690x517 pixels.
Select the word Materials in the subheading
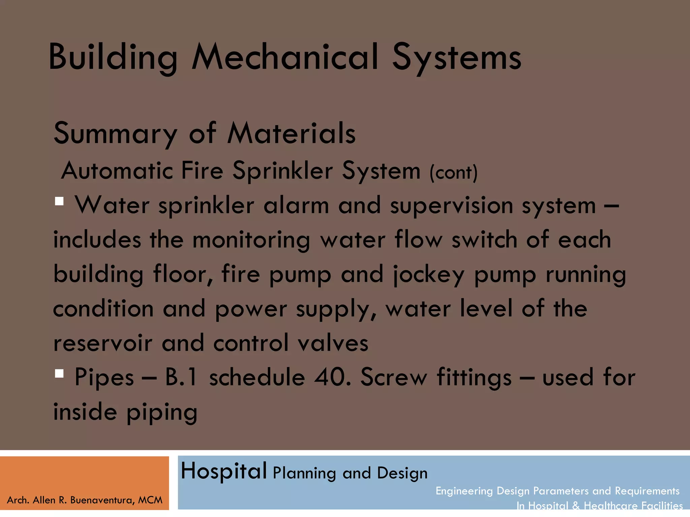[x=291, y=133]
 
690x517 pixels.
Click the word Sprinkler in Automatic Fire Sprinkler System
[x=283, y=171]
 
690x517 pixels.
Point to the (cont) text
[x=453, y=173]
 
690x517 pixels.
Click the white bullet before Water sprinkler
[x=59, y=201]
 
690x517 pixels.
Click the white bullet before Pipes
[x=59, y=374]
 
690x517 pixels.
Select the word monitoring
[x=251, y=240]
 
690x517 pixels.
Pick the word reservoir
[x=103, y=343]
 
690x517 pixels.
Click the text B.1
[x=181, y=377]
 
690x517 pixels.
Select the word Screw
[x=394, y=377]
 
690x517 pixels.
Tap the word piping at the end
[x=162, y=412]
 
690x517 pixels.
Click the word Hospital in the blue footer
[x=224, y=471]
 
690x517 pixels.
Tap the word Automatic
[x=117, y=171]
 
